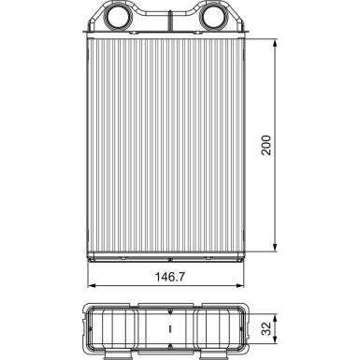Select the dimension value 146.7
point(169,278)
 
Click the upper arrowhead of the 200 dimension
point(277,44)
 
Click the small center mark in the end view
point(169,329)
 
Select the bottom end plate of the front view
point(169,252)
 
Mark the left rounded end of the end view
point(89,327)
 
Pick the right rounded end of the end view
point(250,327)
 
